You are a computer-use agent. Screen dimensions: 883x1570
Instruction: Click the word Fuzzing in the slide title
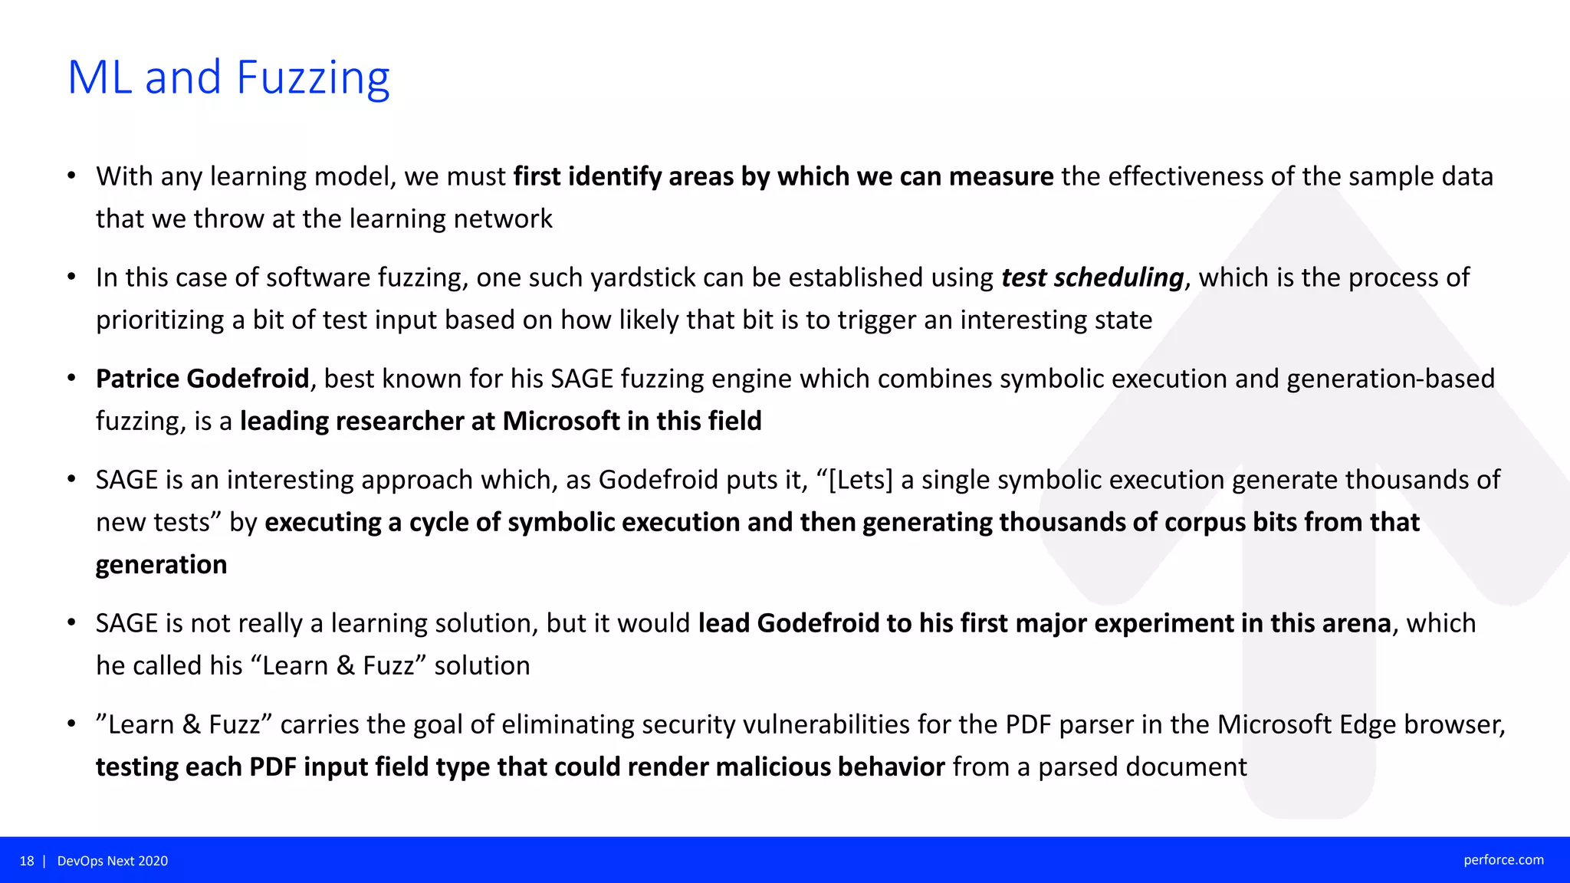tap(313, 79)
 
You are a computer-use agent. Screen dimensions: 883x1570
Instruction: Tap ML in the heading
tap(100, 77)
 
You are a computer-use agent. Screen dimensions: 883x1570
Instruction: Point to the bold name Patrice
tap(137, 379)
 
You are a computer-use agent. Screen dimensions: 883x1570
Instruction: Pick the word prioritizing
tap(159, 320)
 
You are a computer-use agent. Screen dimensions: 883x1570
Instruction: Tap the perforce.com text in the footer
tap(1503, 860)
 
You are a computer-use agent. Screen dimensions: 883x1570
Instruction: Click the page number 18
tap(27, 861)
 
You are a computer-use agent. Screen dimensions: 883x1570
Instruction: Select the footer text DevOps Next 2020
tap(113, 861)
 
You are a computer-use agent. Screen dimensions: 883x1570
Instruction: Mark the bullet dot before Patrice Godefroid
tap(71, 379)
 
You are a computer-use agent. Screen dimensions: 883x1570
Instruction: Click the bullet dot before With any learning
tap(71, 176)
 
